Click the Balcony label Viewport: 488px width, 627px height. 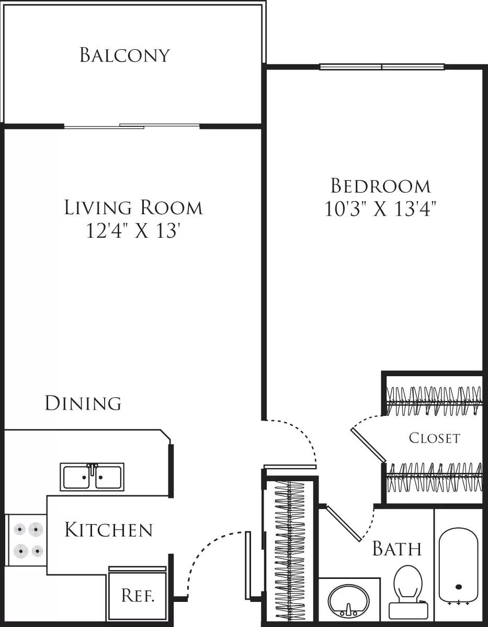124,55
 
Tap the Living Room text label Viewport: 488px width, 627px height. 133,207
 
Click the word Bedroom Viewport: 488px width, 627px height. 380,186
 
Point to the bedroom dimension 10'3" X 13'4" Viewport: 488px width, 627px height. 380,209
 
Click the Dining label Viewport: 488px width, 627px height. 83,403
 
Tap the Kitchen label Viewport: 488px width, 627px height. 108,530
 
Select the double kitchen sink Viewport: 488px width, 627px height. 92,477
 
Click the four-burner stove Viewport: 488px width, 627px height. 28,540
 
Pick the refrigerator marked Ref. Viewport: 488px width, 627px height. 137,595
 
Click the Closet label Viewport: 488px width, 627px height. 434,438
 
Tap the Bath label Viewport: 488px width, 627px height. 396,549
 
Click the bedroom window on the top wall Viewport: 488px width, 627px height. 382,67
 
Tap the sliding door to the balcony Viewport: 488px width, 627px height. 132,126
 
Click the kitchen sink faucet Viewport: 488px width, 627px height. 92,468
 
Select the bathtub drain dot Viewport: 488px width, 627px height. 459,587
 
